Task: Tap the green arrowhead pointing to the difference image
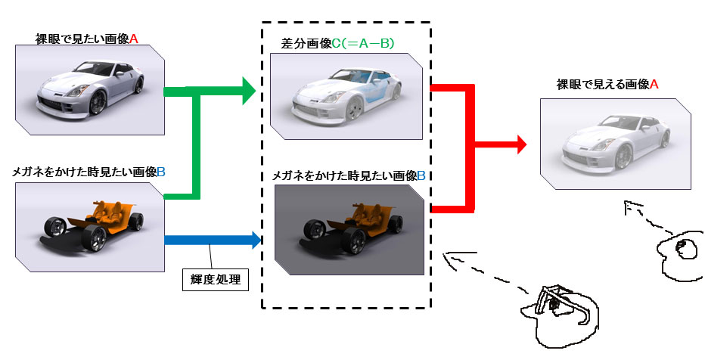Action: pos(250,92)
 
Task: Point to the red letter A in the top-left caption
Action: pos(133,39)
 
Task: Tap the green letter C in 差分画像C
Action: pos(336,44)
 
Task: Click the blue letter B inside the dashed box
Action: pos(421,175)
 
